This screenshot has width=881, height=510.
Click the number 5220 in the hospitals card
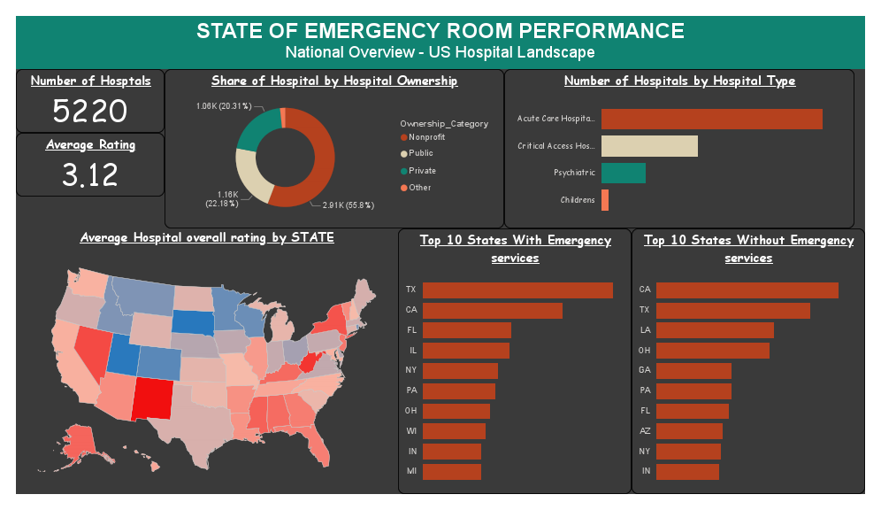pyautogui.click(x=89, y=112)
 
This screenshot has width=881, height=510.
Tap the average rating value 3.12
pyautogui.click(x=89, y=174)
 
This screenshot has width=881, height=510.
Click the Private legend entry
pyautogui.click(x=421, y=171)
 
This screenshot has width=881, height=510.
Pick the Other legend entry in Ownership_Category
pyautogui.click(x=419, y=188)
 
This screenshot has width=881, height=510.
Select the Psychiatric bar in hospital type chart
pyautogui.click(x=623, y=173)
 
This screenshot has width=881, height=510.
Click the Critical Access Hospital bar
pyautogui.click(x=649, y=146)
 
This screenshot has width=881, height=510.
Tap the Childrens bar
pyautogui.click(x=605, y=200)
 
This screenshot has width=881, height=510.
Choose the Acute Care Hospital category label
pyautogui.click(x=556, y=119)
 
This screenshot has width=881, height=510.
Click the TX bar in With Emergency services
pyautogui.click(x=517, y=290)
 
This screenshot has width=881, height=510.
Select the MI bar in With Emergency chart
pyautogui.click(x=451, y=472)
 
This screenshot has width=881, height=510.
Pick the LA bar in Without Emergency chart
pyautogui.click(x=715, y=330)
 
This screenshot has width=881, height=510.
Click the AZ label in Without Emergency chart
pyautogui.click(x=645, y=431)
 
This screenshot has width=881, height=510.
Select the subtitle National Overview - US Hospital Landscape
pyautogui.click(x=440, y=53)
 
